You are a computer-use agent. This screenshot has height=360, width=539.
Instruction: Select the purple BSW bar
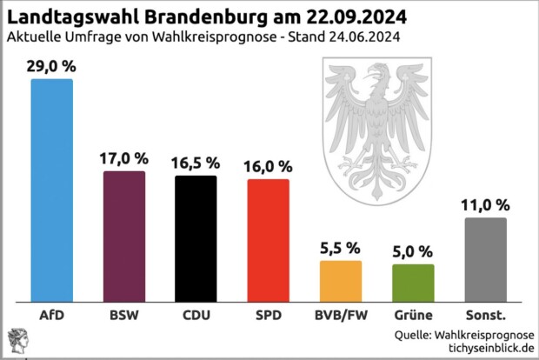[124, 236]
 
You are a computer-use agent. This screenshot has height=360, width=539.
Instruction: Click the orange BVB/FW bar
[341, 279]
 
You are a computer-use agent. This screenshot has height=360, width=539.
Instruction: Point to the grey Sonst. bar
[485, 258]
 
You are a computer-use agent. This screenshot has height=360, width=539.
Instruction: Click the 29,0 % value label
[52, 65]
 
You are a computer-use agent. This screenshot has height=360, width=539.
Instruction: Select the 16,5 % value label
[196, 163]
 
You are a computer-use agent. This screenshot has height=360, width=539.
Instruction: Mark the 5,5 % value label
[341, 247]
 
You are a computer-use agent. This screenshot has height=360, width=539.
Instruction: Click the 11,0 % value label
[485, 205]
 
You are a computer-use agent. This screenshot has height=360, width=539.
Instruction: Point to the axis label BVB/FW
[341, 314]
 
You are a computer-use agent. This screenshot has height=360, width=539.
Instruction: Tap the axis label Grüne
[413, 314]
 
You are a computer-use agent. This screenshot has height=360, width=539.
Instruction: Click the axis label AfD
[52, 314]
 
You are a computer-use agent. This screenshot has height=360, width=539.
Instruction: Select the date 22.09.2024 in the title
[357, 17]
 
